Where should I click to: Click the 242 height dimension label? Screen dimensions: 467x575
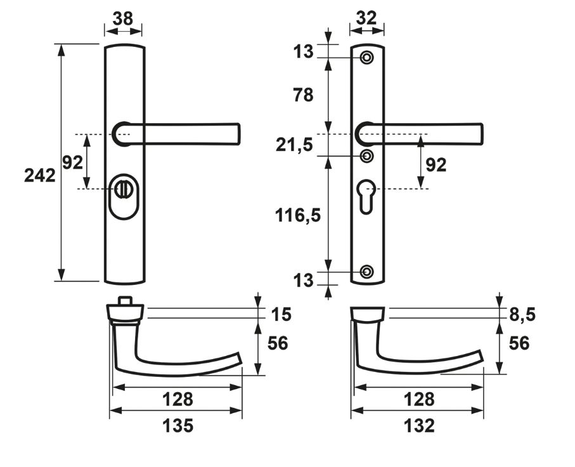39,176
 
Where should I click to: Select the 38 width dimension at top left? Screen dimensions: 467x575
122,19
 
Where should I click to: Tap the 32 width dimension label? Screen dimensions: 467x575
367,18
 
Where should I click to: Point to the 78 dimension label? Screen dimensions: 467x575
304,95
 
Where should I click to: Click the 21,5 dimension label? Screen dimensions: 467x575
295,145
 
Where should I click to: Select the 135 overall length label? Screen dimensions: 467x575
178,426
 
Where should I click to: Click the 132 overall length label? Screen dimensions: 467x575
419,426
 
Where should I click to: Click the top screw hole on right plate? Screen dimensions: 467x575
366,58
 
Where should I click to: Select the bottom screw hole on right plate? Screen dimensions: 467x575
366,272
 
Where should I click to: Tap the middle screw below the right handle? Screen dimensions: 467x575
366,155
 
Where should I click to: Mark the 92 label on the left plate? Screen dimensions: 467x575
72,162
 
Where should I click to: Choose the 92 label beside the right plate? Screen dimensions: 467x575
436,165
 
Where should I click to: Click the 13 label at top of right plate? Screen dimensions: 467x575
304,52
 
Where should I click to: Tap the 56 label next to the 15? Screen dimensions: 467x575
278,343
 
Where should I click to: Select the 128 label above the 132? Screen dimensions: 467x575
419,399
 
